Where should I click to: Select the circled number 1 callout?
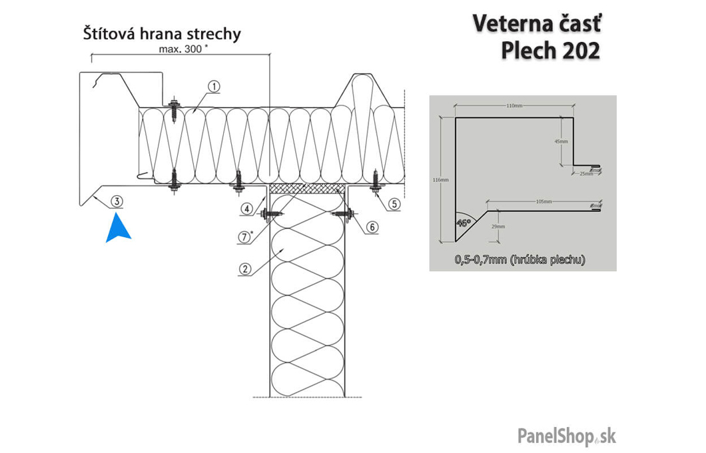[213, 86]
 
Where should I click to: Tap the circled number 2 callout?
[245, 269]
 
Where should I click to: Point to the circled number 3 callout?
[117, 200]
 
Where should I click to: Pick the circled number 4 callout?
[247, 209]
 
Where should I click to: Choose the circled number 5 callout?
[395, 204]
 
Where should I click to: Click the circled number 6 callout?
[372, 226]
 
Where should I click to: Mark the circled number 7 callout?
[245, 236]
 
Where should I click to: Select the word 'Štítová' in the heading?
[109, 33]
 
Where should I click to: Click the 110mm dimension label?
[512, 106]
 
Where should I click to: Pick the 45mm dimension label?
[560, 142]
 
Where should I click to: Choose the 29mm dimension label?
[497, 226]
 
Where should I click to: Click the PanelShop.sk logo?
[567, 436]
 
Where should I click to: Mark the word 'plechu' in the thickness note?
[563, 260]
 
